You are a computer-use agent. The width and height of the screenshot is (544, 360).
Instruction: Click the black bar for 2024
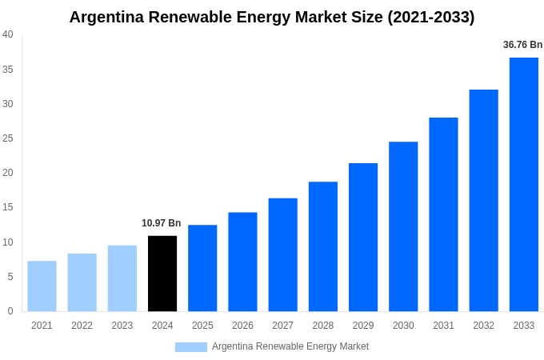pos(162,274)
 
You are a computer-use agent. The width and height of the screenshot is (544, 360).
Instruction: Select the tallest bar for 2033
pos(523,184)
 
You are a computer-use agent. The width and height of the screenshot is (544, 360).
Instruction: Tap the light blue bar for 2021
pos(42,286)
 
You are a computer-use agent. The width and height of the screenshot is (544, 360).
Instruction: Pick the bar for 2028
pos(322,246)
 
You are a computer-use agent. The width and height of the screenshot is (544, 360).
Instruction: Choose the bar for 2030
pos(403,226)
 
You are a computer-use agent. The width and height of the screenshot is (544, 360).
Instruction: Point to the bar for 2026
pos(242,262)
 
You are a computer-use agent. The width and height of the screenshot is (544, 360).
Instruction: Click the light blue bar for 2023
pos(122,278)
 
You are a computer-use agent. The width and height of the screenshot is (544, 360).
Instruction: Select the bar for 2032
pos(483,200)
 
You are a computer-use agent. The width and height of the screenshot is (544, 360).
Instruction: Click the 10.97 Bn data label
pos(162,223)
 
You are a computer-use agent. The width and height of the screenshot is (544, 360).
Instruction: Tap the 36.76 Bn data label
pos(522,45)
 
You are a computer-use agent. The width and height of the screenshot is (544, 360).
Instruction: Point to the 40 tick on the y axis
pos(8,34)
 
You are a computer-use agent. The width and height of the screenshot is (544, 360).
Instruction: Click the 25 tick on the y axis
pos(8,138)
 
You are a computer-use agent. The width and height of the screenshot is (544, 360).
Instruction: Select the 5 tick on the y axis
pos(10,277)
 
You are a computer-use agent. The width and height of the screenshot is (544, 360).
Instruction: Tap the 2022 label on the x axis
pos(82,326)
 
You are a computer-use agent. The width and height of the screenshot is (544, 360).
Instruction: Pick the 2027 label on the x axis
pos(282,326)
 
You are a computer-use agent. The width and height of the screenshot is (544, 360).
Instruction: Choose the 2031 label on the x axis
pos(443,326)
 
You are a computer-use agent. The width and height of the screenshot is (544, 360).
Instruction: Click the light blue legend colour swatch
pos(190,347)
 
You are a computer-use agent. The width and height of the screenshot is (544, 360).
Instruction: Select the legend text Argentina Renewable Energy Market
pos(290,346)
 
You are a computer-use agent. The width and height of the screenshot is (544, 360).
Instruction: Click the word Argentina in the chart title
pos(106,17)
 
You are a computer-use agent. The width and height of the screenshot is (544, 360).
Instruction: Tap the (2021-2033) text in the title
pos(431,17)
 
